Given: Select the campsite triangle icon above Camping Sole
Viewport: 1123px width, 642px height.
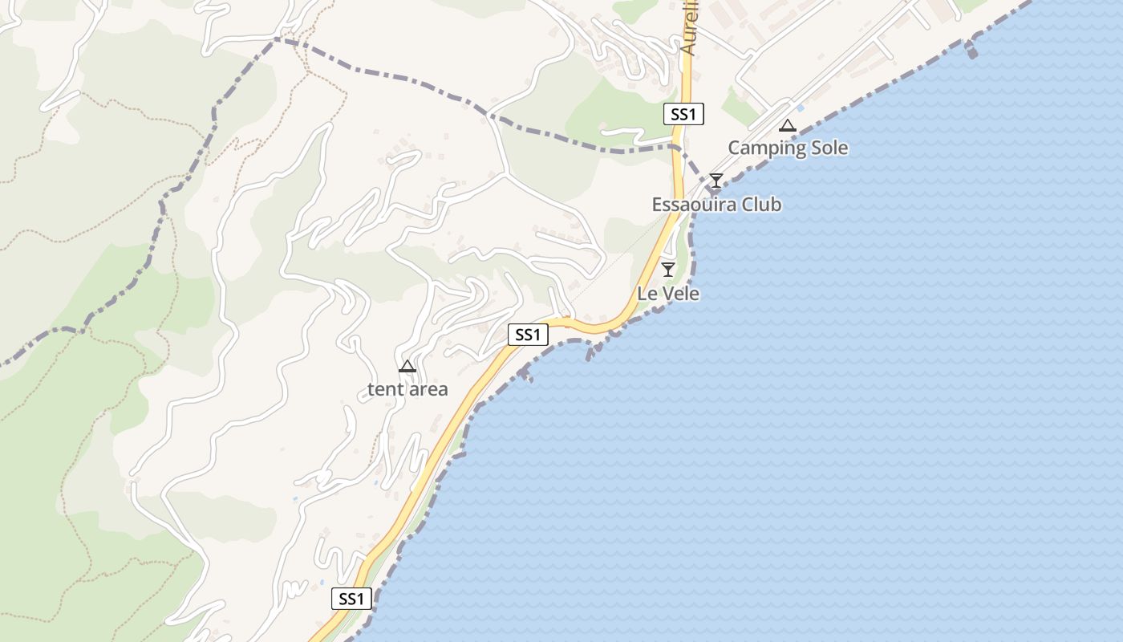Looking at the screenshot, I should tap(788, 125).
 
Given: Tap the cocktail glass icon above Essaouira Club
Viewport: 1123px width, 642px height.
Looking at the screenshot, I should tap(716, 181).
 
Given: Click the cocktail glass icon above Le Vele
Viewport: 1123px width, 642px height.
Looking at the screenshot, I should tap(667, 269).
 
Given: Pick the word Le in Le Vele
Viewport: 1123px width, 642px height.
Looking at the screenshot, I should tap(647, 294).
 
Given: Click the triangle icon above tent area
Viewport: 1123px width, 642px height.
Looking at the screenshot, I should tap(407, 367).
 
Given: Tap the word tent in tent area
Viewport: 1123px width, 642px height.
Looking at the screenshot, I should tap(383, 390).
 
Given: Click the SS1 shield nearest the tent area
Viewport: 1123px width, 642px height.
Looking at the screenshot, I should tap(528, 335).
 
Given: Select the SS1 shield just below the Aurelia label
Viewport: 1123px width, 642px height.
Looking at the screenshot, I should tap(683, 114).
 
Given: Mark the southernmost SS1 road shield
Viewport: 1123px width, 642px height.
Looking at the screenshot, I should tap(351, 599).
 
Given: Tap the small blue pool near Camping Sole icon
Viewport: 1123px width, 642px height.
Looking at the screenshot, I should tap(801, 108).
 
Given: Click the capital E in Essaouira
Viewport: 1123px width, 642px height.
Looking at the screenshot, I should tap(657, 205).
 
